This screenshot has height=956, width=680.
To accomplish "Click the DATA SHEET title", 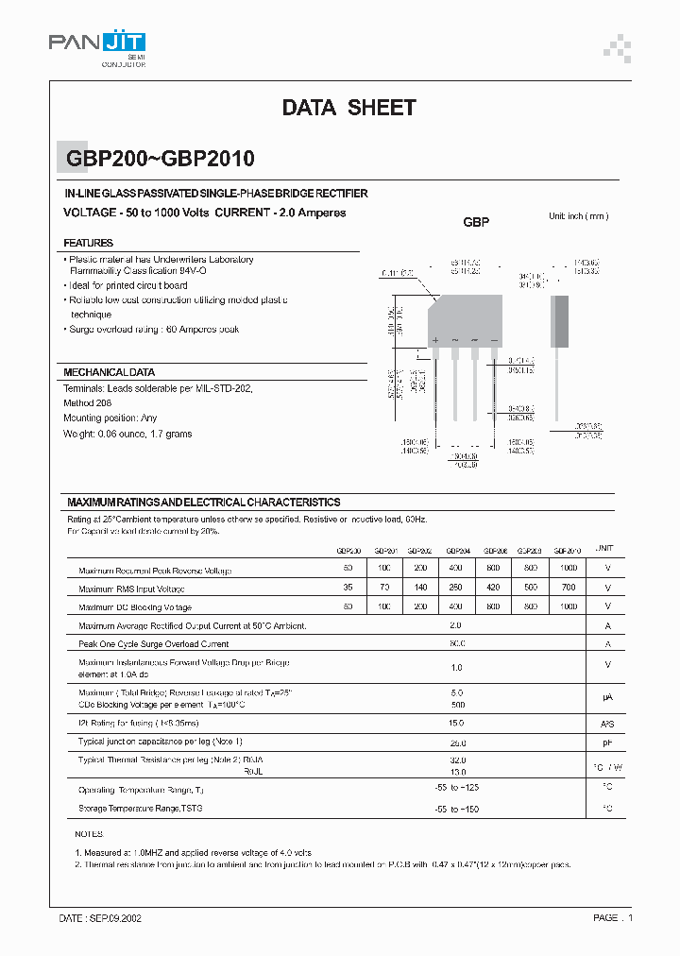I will coord(348,108).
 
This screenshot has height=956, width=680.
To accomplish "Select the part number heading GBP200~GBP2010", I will coord(160,160).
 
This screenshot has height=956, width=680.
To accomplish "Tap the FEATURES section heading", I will coord(89,243).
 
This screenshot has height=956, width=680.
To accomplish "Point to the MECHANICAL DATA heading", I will coord(109,372).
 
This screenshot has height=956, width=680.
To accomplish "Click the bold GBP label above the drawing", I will coord(476,223).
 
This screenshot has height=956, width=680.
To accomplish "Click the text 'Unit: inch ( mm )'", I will coord(579,216).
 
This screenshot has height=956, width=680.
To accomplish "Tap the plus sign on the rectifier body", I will coord(435,339).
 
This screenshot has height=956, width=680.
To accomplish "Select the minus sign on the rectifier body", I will coord(493,339).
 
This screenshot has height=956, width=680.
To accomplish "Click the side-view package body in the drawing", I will coord(560,322).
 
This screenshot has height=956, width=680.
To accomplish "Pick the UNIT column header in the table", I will coord(604,549).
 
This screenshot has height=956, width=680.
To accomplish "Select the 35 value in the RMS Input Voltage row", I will coord(348,588).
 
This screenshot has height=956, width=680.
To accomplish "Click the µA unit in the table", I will coord(607,697).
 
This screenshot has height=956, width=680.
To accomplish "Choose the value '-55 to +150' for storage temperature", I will coord(456,809).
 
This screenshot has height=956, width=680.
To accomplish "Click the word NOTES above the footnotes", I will coord(89,835).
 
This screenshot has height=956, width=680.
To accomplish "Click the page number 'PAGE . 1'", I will coord(612,917).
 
